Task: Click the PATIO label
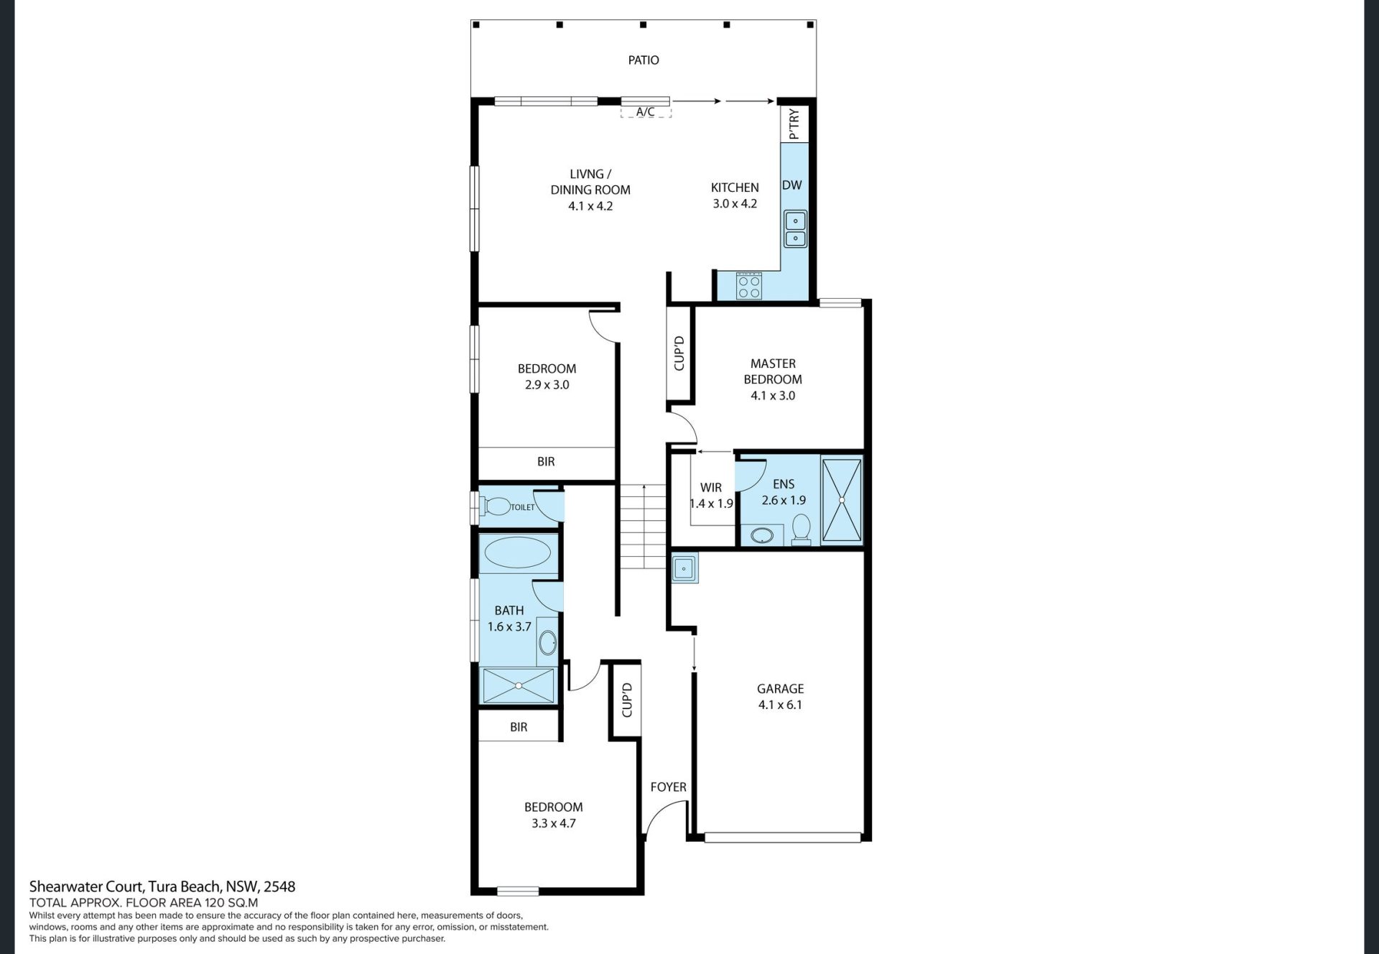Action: [x=644, y=60]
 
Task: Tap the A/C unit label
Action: [x=646, y=111]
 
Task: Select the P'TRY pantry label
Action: [x=794, y=124]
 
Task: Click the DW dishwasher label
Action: [x=791, y=185]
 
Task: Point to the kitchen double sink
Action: [x=795, y=229]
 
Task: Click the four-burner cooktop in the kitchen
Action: [x=748, y=286]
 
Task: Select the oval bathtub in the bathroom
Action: [x=518, y=552]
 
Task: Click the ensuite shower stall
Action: [x=841, y=499]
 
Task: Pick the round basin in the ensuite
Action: [x=761, y=534]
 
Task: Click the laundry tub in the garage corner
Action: [x=684, y=568]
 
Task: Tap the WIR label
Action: [x=711, y=487]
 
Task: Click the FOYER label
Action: [x=668, y=787]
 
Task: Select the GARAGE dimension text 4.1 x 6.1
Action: [x=780, y=705]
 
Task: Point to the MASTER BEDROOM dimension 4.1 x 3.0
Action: [x=773, y=395]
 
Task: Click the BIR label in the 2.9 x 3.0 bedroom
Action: [x=546, y=461]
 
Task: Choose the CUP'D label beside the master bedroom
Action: [x=679, y=353]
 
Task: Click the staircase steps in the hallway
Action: [x=644, y=527]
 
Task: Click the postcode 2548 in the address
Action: [x=280, y=886]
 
